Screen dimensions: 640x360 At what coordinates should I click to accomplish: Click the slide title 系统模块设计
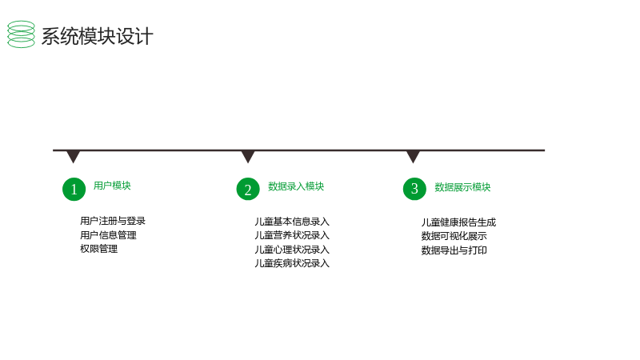point(97,36)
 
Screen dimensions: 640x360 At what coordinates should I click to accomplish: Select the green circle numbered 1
point(74,189)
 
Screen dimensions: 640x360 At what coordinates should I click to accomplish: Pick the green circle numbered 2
point(248,189)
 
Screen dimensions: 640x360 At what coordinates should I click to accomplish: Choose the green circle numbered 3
point(414,189)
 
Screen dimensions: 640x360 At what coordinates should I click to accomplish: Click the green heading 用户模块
point(112,186)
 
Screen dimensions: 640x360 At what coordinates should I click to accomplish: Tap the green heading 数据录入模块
point(296,186)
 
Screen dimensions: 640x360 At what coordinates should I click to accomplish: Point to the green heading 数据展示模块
point(462,187)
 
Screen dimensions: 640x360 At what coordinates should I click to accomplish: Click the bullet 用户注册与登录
point(113,221)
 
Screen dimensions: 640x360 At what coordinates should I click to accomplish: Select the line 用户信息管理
point(108,235)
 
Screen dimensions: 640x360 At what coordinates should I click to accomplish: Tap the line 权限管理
point(98,249)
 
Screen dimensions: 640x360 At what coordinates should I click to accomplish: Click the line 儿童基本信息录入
point(292,222)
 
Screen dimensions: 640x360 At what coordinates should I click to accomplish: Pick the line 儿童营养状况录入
point(292,235)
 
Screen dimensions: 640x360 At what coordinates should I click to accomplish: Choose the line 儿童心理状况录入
point(292,250)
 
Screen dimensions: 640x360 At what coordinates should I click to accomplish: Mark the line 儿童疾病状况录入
point(292,264)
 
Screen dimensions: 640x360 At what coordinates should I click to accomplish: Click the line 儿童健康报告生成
point(458,222)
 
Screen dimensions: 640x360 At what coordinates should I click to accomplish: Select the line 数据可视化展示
point(454,236)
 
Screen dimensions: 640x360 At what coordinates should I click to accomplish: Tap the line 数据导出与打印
point(454,250)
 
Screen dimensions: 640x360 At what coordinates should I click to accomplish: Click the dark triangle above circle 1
point(73,156)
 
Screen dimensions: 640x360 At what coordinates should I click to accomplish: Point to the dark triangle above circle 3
point(413,156)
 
